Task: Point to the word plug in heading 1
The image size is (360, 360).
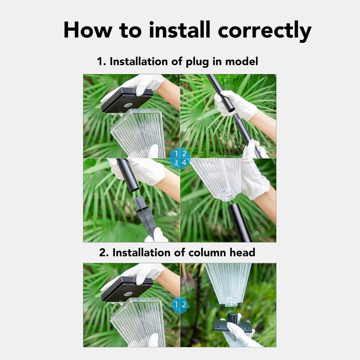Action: (197, 62)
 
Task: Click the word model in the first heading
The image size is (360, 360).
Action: (243, 61)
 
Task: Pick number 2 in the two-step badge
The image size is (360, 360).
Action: (184, 305)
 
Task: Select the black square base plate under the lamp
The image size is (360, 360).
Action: (232, 325)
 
